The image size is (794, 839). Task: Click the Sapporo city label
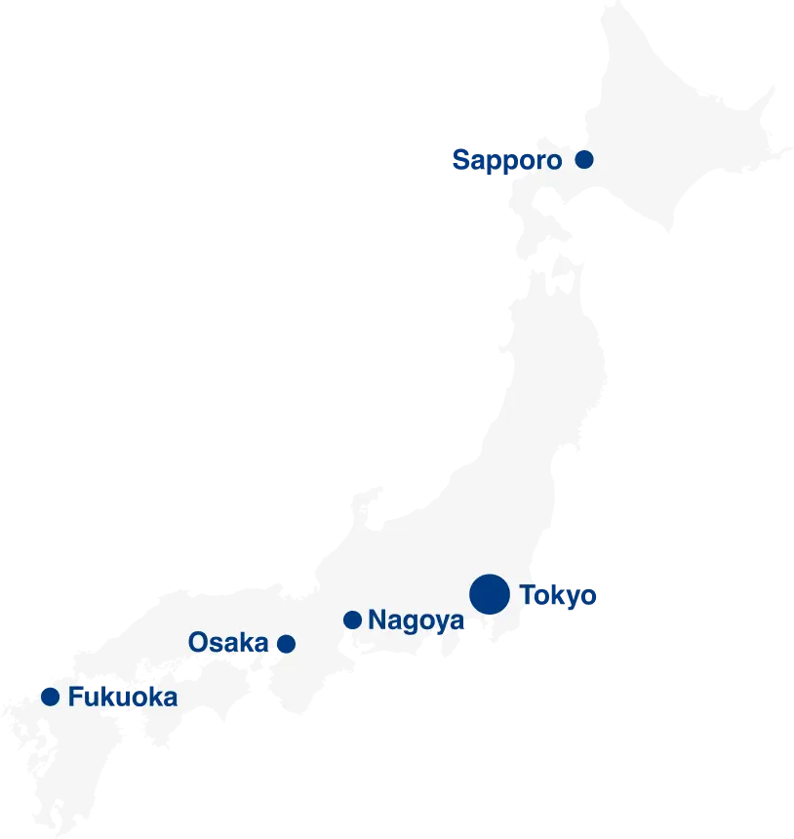point(507,160)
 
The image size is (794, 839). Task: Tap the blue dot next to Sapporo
point(584,159)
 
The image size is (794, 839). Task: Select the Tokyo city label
point(559,595)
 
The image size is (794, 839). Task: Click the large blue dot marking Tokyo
point(490,594)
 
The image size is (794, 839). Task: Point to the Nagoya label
point(417,619)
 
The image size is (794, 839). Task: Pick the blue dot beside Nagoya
point(353,619)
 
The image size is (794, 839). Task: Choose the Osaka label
point(228,642)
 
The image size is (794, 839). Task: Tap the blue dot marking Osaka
point(287,643)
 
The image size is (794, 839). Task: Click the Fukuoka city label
point(123,698)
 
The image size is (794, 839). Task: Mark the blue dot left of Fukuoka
point(50,697)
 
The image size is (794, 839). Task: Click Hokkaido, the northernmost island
point(673,137)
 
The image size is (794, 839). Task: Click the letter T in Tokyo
point(528,594)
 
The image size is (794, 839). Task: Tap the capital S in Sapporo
point(461,160)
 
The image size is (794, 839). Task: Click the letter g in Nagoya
point(410,622)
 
